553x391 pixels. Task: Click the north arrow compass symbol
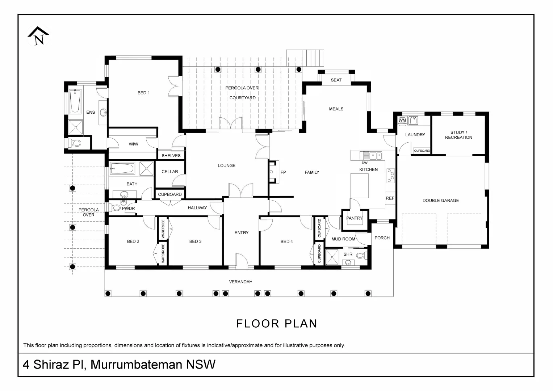tap(39, 36)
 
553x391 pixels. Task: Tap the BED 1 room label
tap(144, 93)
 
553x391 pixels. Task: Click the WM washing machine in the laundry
tap(402, 120)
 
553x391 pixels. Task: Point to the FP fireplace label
tap(283, 172)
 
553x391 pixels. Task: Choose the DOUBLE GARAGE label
tap(440, 201)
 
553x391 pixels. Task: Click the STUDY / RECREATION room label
tap(458, 135)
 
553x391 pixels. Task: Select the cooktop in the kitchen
tap(390, 176)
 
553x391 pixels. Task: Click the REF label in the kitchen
tap(390, 198)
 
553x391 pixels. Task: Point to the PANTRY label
tap(354, 218)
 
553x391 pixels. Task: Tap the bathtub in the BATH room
tap(122, 168)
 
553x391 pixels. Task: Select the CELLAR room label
tap(169, 172)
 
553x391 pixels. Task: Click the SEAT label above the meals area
tap(336, 80)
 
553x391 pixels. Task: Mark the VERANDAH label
tap(240, 282)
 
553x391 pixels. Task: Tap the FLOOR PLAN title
tap(277, 324)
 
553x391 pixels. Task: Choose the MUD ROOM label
tap(343, 239)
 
